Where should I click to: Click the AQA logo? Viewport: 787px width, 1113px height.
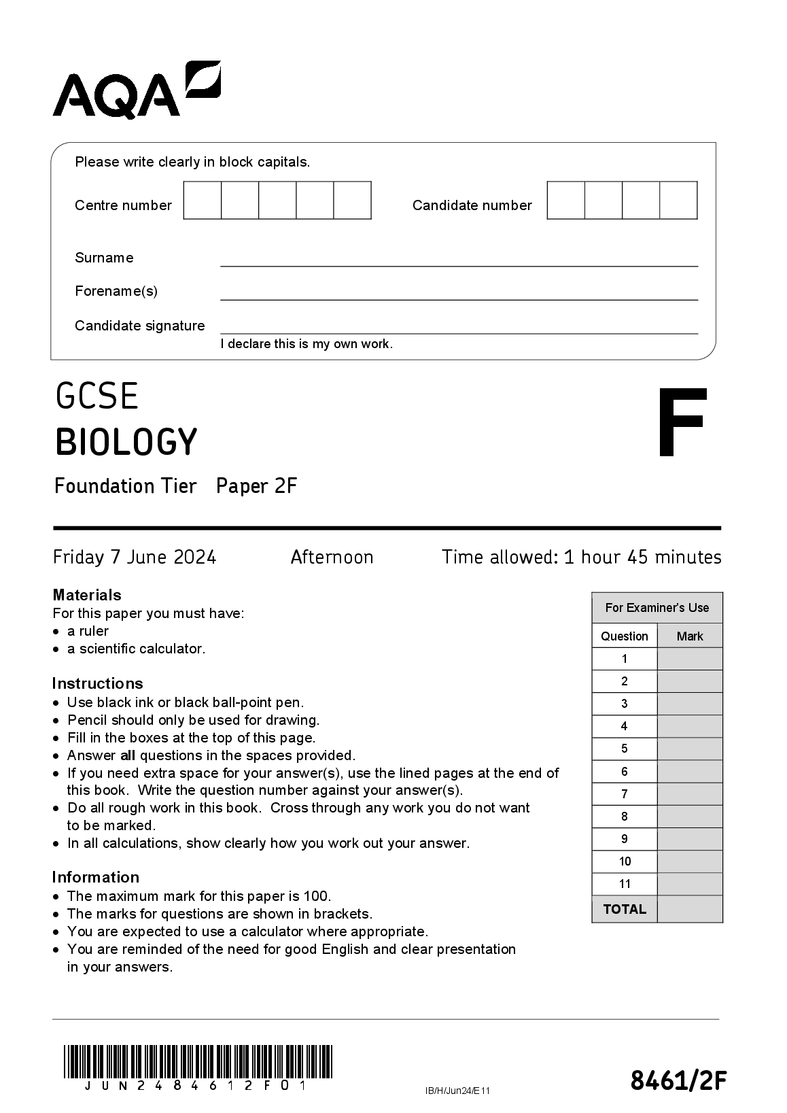click(x=137, y=90)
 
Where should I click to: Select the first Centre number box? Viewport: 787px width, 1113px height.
click(x=203, y=201)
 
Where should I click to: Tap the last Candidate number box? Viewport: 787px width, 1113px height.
click(x=678, y=201)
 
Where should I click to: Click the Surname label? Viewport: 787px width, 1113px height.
click(x=104, y=258)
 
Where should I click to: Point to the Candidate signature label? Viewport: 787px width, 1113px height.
click(x=139, y=326)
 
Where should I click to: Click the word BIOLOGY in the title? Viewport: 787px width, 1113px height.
click(x=126, y=442)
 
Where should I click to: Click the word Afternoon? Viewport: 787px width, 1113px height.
click(x=332, y=558)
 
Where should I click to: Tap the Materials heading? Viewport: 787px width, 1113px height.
click(x=87, y=595)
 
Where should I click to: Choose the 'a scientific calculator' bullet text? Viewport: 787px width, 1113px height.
click(x=136, y=649)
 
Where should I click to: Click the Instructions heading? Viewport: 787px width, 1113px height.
click(x=97, y=683)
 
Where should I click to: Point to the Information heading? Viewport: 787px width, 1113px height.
click(x=95, y=877)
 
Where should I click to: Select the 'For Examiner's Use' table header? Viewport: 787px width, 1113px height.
click(x=657, y=608)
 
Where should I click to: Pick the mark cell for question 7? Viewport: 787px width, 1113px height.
click(x=689, y=794)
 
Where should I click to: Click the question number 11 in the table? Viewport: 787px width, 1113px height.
click(x=625, y=884)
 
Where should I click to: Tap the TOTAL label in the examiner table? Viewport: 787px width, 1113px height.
click(x=625, y=909)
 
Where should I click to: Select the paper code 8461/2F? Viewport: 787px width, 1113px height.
click(x=678, y=1080)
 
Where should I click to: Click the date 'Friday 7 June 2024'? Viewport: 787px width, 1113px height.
click(x=135, y=558)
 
